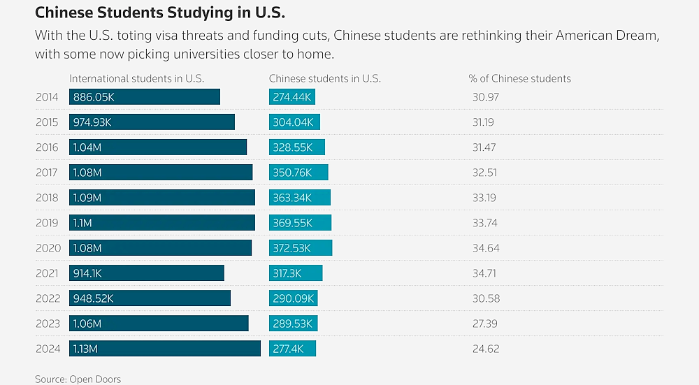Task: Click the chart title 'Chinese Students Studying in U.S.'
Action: tap(160, 13)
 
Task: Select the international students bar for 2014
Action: tap(145, 97)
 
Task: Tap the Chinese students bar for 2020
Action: tap(301, 248)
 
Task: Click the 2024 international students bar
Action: tap(165, 349)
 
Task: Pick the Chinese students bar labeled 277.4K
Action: tap(292, 349)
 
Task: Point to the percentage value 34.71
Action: tap(485, 273)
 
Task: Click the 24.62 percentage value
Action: tap(486, 349)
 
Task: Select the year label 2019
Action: tap(48, 223)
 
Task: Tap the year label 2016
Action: tap(48, 147)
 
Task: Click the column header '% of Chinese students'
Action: tap(519, 78)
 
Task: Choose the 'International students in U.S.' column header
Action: tap(136, 78)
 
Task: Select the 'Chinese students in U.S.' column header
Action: tap(324, 78)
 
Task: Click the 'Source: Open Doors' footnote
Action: tap(78, 379)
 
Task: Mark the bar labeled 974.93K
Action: tap(152, 122)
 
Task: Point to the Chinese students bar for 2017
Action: tap(298, 173)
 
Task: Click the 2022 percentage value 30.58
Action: tap(486, 298)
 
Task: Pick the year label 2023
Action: tap(48, 324)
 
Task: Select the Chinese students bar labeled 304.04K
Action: tap(294, 122)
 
